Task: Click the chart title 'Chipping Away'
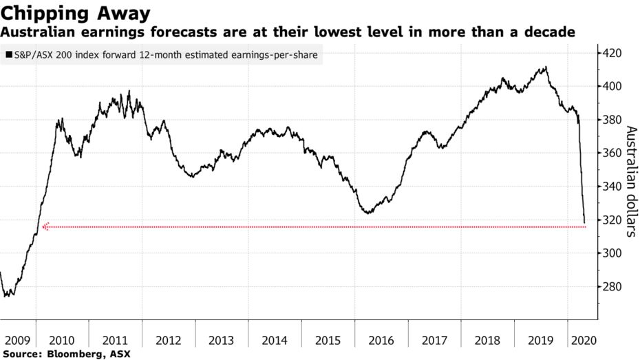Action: pyautogui.click(x=76, y=12)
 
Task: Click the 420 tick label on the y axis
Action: pyautogui.click(x=612, y=53)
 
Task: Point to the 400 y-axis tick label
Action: pyautogui.click(x=612, y=87)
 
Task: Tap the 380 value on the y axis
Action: pyautogui.click(x=612, y=120)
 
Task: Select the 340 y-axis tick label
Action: pyautogui.click(x=612, y=187)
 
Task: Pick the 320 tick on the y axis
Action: pyautogui.click(x=612, y=220)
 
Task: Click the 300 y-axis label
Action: pyautogui.click(x=612, y=253)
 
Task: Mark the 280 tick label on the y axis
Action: pyautogui.click(x=612, y=287)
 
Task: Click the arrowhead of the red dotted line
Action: pyautogui.click(x=46, y=226)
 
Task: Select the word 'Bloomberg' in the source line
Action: pyautogui.click(x=68, y=354)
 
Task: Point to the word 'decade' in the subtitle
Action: pyautogui.click(x=550, y=32)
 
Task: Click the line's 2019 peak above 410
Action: pyautogui.click(x=546, y=67)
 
